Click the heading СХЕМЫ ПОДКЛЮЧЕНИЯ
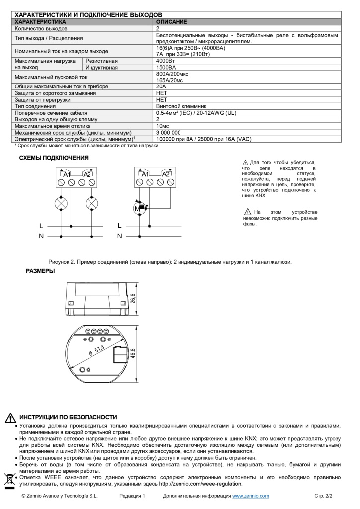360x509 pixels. pos(54,158)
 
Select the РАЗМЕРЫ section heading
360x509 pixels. pos(40,271)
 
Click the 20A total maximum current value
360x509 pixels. pos(161,86)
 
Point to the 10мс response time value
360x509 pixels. pos(163,126)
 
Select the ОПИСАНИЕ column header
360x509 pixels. pos(172,22)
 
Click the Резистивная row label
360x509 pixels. pos(101,61)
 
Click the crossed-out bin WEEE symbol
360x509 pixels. pos(9,480)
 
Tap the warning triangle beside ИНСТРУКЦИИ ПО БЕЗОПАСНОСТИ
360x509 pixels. pos(10,418)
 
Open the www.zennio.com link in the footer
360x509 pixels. pos(251,496)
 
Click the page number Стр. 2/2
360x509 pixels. pos(324,496)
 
